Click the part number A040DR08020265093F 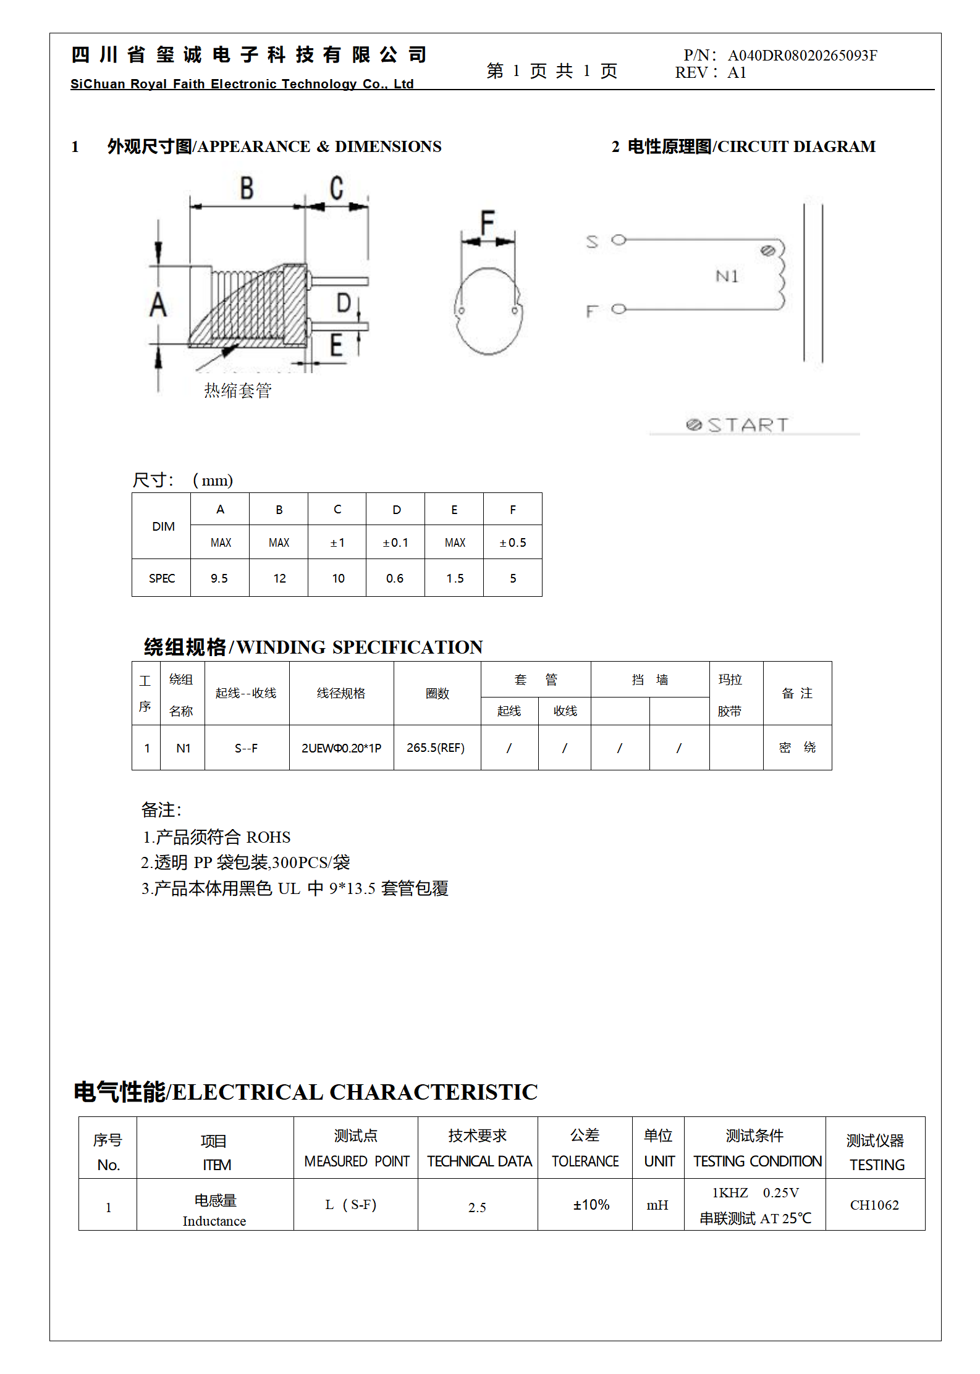tap(802, 56)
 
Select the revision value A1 tap(737, 73)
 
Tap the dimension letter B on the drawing tap(247, 188)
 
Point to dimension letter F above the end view tap(488, 222)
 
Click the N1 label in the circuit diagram tap(727, 276)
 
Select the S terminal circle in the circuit tap(619, 240)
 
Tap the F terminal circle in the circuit tap(619, 309)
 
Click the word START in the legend tap(748, 425)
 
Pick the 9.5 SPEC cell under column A tap(219, 578)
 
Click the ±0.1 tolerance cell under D tap(395, 542)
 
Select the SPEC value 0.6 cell tap(395, 578)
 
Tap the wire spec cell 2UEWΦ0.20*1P tap(341, 748)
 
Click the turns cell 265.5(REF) tap(436, 748)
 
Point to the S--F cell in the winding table tap(246, 748)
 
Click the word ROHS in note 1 tap(268, 837)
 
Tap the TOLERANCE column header tap(585, 1161)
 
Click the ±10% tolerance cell tap(591, 1204)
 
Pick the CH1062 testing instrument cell tap(874, 1205)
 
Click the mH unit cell tap(657, 1205)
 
